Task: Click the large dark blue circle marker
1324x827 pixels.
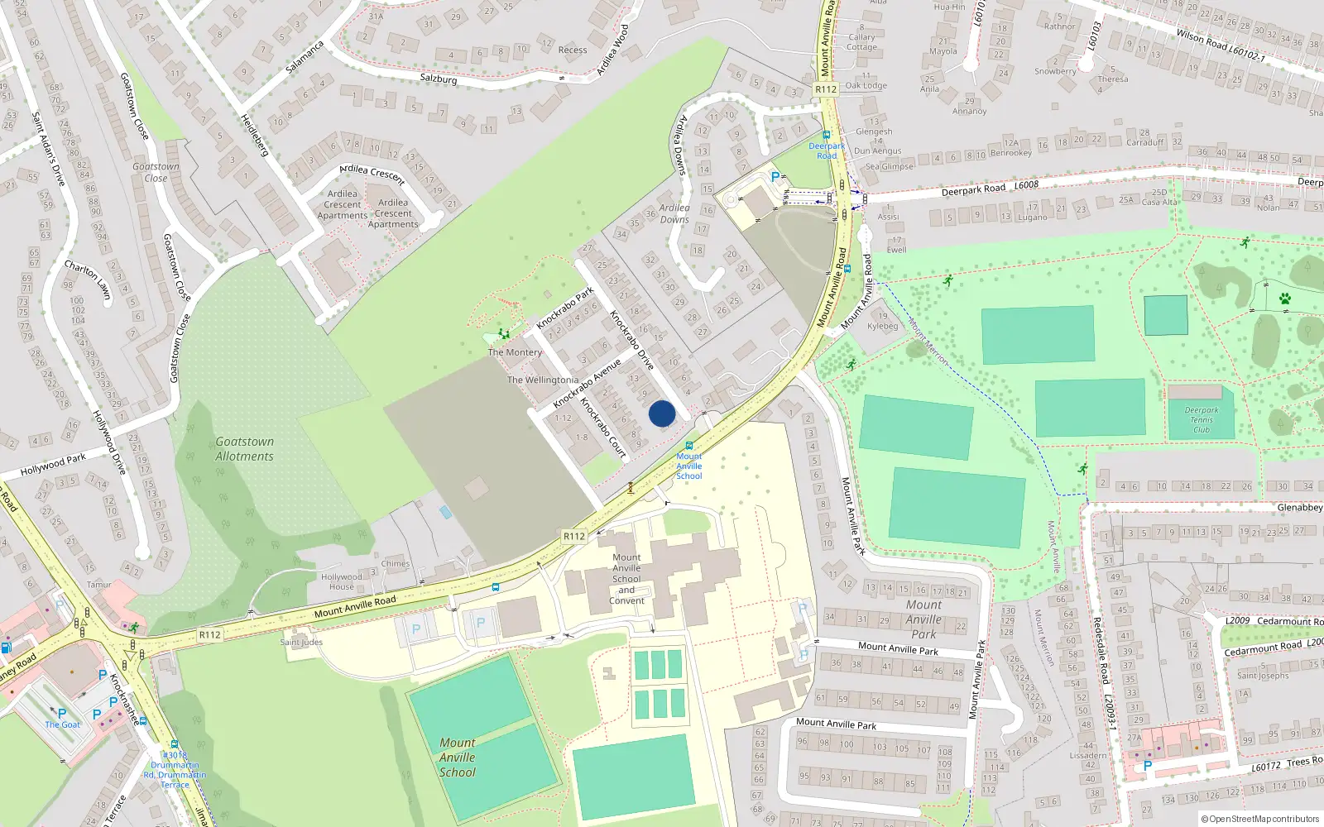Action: click(x=662, y=413)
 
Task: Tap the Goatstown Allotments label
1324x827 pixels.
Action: click(x=244, y=449)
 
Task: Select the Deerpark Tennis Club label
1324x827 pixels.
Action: click(x=1202, y=419)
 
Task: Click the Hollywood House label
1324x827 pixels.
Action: click(x=342, y=581)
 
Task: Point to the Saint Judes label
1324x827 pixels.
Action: click(x=301, y=642)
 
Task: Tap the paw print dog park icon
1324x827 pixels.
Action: click(x=1284, y=299)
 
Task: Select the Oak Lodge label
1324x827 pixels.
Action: click(x=866, y=85)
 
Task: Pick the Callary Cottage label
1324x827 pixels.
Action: click(x=861, y=41)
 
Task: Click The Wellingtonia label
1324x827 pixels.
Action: click(x=543, y=380)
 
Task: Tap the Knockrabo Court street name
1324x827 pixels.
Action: click(x=602, y=428)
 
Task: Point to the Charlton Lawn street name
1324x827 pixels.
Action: click(x=88, y=280)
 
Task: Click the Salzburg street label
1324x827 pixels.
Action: click(x=439, y=79)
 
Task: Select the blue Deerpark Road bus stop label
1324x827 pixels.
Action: click(x=827, y=151)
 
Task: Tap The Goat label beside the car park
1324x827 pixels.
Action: click(x=63, y=724)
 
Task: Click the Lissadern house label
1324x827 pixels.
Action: click(x=1088, y=755)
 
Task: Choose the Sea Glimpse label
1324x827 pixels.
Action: click(x=890, y=166)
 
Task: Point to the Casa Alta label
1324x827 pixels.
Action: click(x=1159, y=202)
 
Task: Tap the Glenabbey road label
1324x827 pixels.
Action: click(x=1300, y=507)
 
